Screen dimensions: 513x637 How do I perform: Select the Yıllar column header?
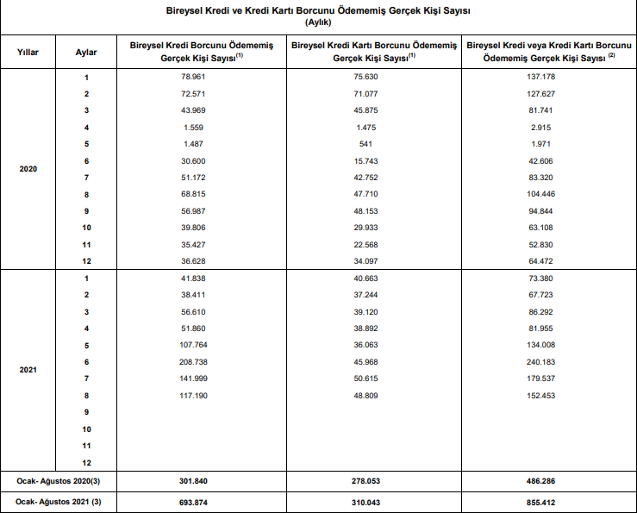[x=28, y=52]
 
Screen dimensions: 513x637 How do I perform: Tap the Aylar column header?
[x=86, y=52]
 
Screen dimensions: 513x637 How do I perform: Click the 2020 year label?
[x=28, y=168]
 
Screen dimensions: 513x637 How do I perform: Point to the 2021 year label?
[x=28, y=370]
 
